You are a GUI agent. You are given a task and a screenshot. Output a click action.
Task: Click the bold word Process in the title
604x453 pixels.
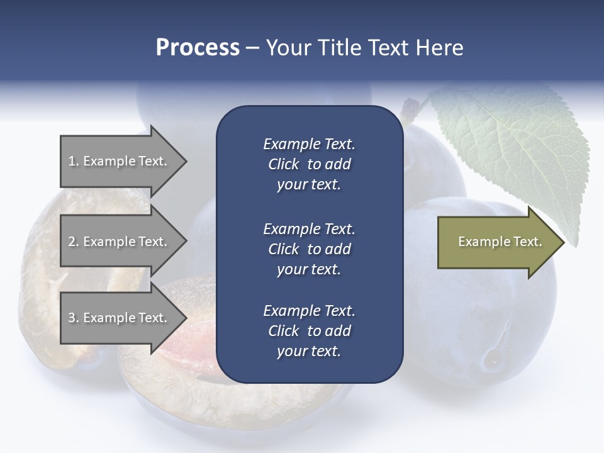point(198,48)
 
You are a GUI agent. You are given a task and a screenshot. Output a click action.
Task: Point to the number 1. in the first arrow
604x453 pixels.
point(74,161)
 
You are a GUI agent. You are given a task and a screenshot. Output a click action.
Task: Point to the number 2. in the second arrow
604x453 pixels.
point(74,242)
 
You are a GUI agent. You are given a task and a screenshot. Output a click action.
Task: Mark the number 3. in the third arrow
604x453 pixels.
point(74,318)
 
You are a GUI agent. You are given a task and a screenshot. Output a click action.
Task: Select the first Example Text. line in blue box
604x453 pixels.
point(309,144)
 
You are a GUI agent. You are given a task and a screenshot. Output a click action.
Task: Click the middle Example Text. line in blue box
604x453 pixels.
point(309,229)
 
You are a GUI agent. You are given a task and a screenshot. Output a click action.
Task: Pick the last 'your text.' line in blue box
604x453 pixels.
point(309,351)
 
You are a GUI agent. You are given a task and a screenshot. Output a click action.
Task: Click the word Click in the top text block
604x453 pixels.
point(284,164)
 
